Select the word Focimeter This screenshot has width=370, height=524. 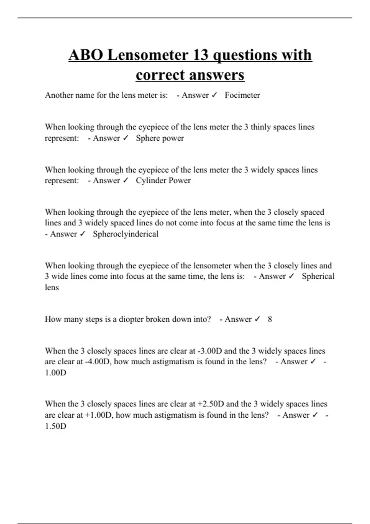[x=242, y=95]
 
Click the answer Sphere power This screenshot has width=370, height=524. [x=160, y=138]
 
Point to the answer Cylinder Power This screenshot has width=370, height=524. [x=163, y=181]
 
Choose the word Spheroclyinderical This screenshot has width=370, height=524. [x=126, y=234]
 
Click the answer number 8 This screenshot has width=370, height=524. [x=270, y=319]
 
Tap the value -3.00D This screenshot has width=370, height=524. [x=210, y=351]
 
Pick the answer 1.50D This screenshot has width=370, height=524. [x=55, y=426]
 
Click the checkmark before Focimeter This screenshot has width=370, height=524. [x=214, y=95]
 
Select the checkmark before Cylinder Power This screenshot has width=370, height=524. [x=125, y=181]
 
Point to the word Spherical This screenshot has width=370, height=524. [x=318, y=276]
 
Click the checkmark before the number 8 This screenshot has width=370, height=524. [x=257, y=319]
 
